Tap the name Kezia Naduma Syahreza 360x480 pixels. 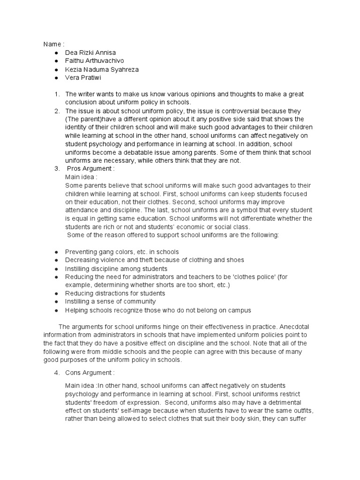[102, 69]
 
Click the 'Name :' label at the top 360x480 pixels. [54, 44]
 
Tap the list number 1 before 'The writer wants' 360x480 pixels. [56, 94]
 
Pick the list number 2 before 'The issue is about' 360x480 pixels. [56, 111]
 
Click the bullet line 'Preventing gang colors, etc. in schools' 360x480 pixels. [122, 252]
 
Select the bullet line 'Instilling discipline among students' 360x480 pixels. [116, 269]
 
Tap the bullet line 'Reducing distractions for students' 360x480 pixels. [115, 293]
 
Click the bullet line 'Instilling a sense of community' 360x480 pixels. [110, 301]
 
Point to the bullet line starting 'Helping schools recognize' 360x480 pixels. [151, 310]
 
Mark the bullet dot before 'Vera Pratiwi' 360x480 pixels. [56, 78]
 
